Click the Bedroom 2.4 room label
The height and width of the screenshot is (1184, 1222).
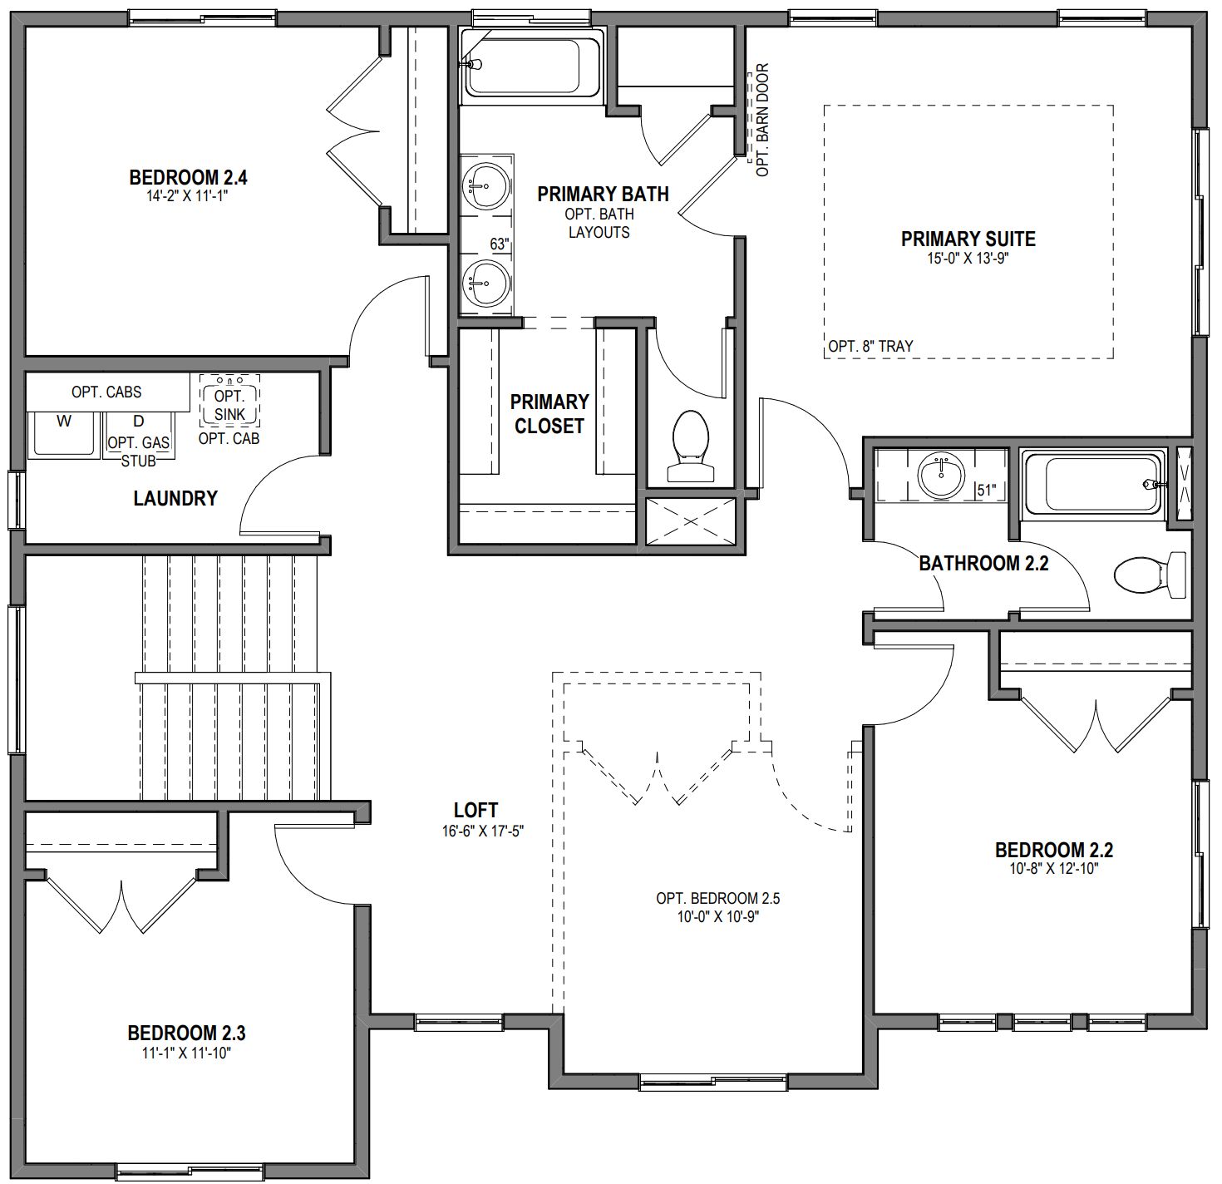(x=188, y=178)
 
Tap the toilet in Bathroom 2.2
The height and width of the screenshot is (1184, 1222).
(x=1150, y=575)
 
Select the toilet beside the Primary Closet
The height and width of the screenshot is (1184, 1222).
(x=690, y=446)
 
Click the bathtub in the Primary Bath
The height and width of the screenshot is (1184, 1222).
(x=533, y=63)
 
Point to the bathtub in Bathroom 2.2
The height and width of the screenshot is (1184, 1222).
(x=1093, y=484)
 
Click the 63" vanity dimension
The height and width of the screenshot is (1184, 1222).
(x=499, y=244)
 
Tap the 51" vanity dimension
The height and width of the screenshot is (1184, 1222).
(x=986, y=491)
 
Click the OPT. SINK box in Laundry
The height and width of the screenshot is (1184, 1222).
(x=229, y=400)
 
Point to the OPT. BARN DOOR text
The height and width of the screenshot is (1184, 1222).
(x=762, y=120)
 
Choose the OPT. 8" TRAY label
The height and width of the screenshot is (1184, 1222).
(x=870, y=346)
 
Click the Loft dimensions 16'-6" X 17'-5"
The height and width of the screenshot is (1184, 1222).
(x=482, y=831)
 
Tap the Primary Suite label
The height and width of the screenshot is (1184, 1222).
(x=968, y=239)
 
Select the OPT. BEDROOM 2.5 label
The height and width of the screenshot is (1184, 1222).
(x=717, y=898)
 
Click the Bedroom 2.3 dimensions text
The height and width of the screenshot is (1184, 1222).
(x=186, y=1053)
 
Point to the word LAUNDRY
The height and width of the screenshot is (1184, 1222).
(x=175, y=498)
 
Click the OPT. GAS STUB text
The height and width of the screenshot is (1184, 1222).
(x=139, y=451)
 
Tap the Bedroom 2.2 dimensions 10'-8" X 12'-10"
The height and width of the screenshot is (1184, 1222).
(x=1054, y=869)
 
